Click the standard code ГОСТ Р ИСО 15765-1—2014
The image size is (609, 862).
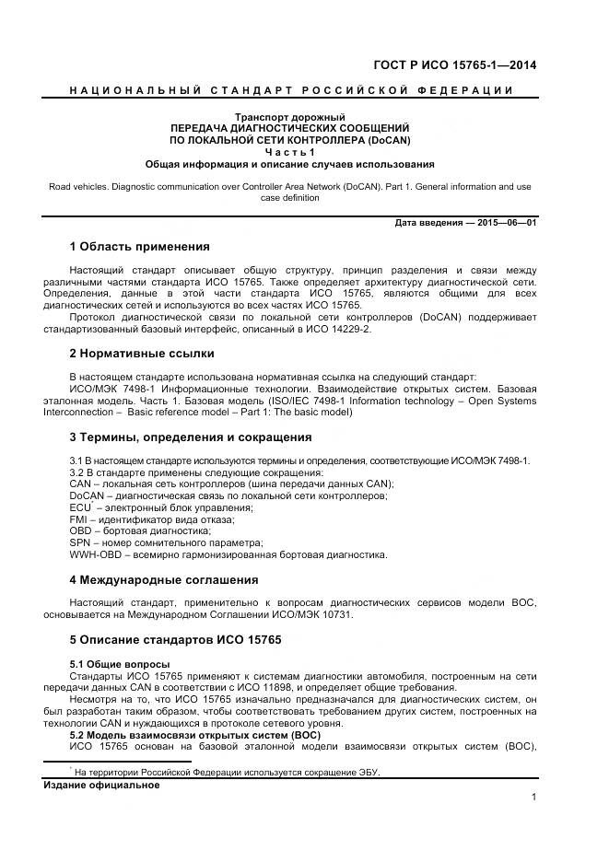click(455, 64)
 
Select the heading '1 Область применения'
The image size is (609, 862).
click(139, 247)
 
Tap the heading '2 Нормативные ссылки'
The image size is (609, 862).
click(142, 353)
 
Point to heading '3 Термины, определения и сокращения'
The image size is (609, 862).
click(191, 437)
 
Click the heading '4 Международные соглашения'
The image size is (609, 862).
click(164, 580)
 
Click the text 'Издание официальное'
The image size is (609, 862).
click(101, 786)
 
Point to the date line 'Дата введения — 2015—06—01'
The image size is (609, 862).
click(465, 223)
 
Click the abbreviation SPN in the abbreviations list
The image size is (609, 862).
click(81, 543)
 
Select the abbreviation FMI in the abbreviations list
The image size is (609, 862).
click(79, 519)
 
